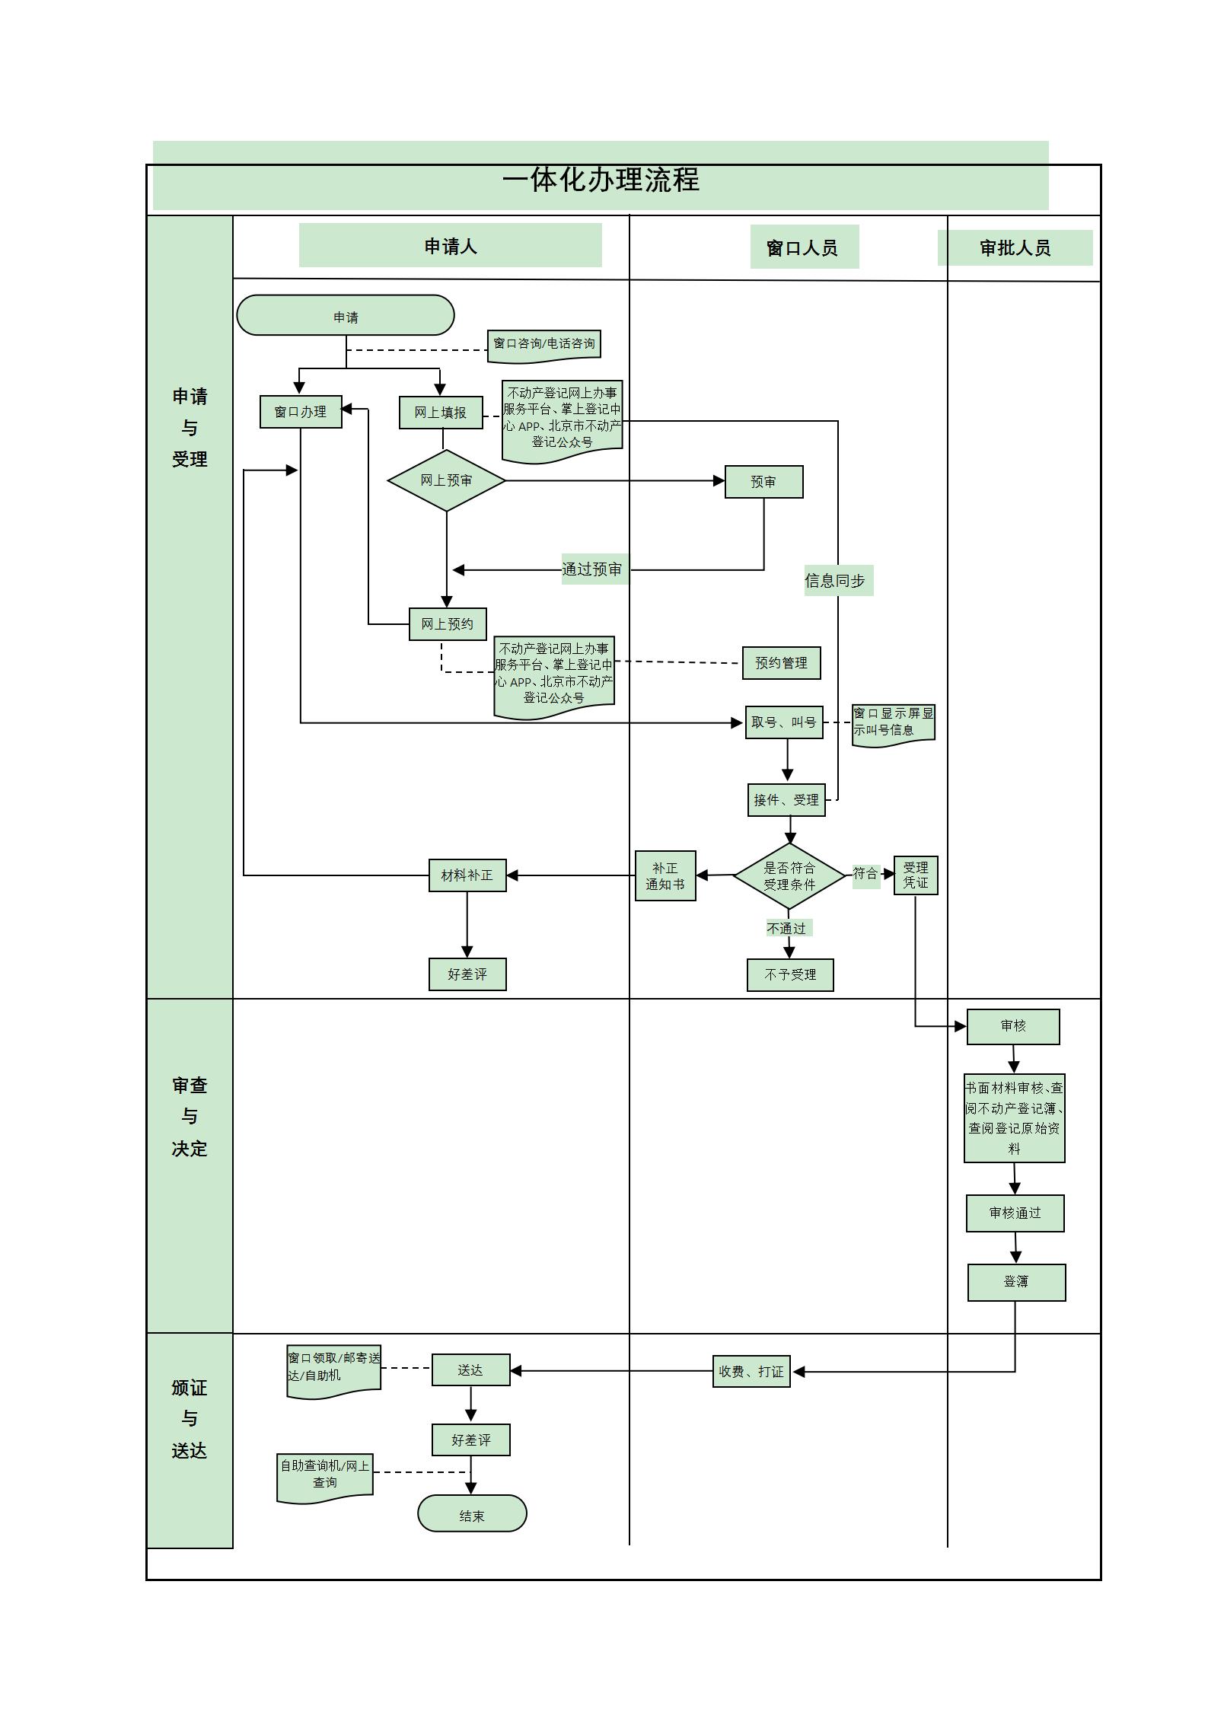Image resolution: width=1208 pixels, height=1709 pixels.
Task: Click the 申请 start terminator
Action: click(x=345, y=315)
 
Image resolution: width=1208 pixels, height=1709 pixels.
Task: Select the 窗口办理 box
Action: click(x=301, y=412)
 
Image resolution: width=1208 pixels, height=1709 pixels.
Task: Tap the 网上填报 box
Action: click(x=441, y=413)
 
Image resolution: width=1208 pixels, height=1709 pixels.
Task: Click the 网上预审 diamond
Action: click(x=446, y=480)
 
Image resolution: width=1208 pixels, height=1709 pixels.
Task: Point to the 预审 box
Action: click(x=763, y=482)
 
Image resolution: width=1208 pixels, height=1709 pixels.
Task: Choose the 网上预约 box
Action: click(x=448, y=624)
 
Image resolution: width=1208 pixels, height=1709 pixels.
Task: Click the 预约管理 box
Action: click(x=781, y=663)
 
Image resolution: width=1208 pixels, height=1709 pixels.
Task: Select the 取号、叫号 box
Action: click(x=783, y=722)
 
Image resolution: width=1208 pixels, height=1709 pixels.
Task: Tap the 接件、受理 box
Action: click(x=786, y=800)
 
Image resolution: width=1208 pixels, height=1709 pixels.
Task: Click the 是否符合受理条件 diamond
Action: click(x=789, y=876)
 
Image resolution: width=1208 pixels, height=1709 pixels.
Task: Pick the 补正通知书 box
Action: click(x=665, y=876)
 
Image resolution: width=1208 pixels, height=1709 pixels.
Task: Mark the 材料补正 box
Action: click(x=467, y=875)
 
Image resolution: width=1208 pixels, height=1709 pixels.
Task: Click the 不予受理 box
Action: click(x=790, y=975)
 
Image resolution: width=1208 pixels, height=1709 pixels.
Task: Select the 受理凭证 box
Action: click(x=916, y=875)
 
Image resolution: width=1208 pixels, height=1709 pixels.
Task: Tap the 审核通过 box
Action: click(x=1015, y=1213)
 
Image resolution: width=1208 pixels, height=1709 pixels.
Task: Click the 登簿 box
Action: click(x=1016, y=1282)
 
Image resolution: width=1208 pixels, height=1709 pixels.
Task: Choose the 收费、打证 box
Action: click(x=751, y=1371)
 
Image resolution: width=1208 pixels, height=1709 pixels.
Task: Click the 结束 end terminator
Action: click(x=472, y=1516)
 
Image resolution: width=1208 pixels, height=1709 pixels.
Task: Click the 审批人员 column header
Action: click(x=1015, y=248)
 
